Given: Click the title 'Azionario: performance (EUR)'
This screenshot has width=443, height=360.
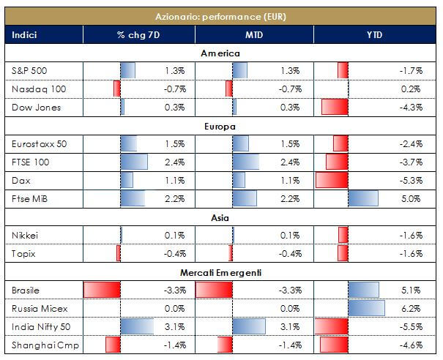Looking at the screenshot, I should [x=220, y=15].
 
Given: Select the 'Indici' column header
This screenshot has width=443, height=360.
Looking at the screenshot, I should [x=24, y=35].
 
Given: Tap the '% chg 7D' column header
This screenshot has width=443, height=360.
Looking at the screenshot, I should [x=138, y=35].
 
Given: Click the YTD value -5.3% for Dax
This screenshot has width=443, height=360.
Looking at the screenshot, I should [x=411, y=180].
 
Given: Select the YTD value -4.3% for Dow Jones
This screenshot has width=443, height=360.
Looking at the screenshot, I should [x=411, y=107].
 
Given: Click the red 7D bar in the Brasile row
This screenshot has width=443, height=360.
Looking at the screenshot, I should [x=101, y=289].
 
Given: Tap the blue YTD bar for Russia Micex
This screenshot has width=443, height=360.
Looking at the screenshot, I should [x=366, y=307].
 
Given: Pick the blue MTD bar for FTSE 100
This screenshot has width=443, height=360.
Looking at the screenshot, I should [x=245, y=162].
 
